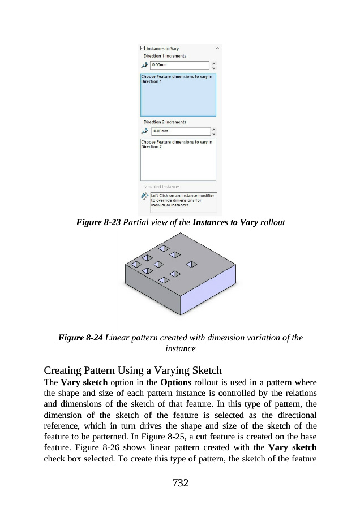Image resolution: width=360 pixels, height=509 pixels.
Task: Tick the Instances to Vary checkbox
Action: pyautogui.click(x=143, y=49)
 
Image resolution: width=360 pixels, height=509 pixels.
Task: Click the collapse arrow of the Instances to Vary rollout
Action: pyautogui.click(x=217, y=49)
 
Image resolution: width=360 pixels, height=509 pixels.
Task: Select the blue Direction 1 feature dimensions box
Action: pyautogui.click(x=178, y=95)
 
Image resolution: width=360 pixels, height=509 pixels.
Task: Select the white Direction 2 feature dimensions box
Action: pyautogui.click(x=178, y=159)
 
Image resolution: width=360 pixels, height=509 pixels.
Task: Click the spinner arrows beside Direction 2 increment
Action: pyautogui.click(x=213, y=131)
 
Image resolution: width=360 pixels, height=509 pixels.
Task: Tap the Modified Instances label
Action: pyautogui.click(x=161, y=187)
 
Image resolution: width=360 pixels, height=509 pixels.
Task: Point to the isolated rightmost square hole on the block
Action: pyautogui.click(x=191, y=264)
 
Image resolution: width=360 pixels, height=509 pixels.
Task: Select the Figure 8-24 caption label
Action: pyautogui.click(x=80, y=338)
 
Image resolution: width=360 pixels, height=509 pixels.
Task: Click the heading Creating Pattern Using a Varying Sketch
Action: pyautogui.click(x=132, y=370)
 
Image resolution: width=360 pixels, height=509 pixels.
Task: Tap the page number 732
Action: pyautogui.click(x=179, y=482)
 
